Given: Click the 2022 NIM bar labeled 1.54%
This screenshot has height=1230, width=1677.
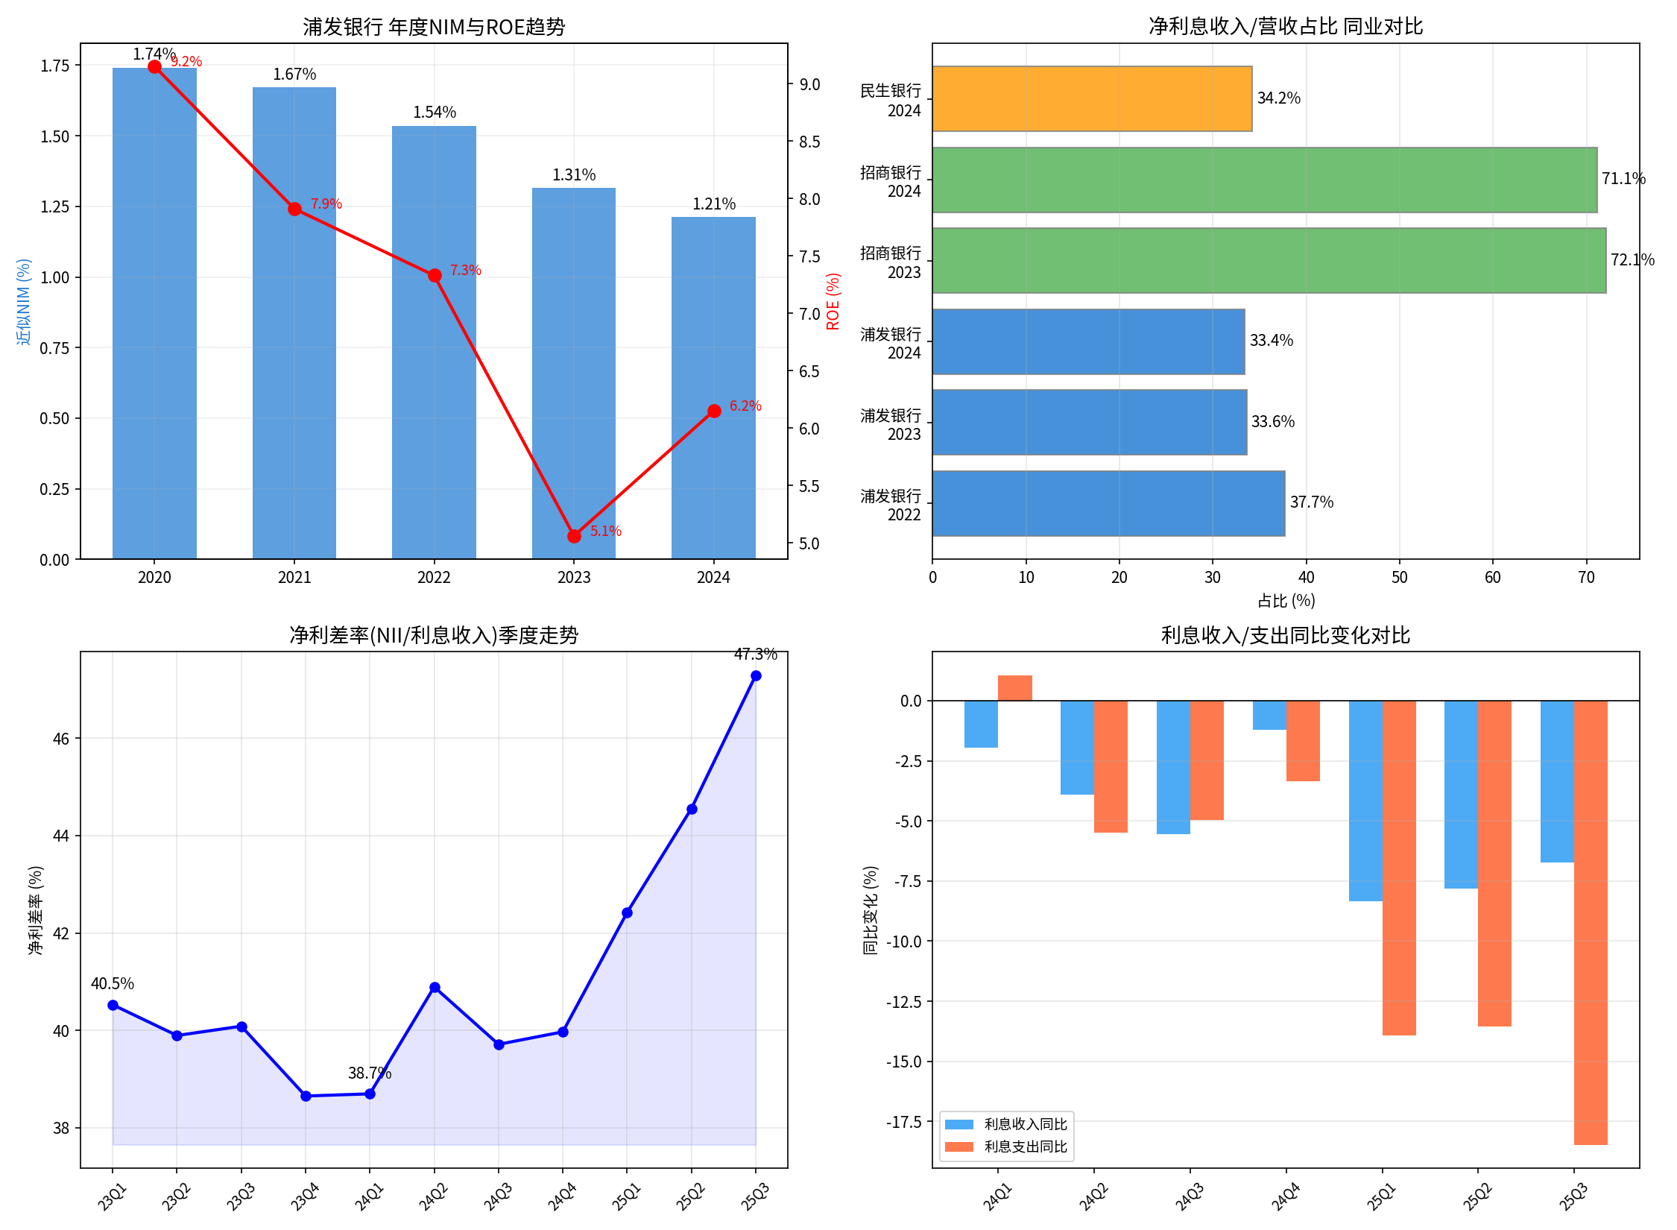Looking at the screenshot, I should click(x=434, y=343).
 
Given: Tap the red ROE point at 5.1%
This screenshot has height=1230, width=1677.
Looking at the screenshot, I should click(x=574, y=536).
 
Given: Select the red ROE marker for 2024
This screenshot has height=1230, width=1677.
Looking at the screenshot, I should click(x=714, y=411).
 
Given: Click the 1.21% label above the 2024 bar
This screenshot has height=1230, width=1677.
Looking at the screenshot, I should click(x=713, y=204).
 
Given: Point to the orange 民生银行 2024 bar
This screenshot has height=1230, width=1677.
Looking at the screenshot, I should click(x=1092, y=99).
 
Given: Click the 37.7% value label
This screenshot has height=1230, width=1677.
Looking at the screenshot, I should click(x=1311, y=502).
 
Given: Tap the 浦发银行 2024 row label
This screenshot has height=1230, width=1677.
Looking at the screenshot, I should click(x=891, y=344).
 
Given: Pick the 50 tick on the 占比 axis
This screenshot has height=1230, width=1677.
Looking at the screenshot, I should click(x=1399, y=578).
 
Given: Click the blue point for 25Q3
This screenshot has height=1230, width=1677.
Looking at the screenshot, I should click(x=756, y=675).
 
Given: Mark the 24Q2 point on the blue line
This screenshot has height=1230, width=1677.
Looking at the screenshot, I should click(x=435, y=987).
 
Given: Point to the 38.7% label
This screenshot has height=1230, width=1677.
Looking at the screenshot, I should click(x=369, y=1073).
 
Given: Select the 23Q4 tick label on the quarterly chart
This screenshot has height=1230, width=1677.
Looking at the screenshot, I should click(x=305, y=1196).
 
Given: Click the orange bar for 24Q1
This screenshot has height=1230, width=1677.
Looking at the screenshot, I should click(x=1014, y=688).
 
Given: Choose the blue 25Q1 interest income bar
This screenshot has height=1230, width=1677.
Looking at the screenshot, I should click(x=1365, y=801).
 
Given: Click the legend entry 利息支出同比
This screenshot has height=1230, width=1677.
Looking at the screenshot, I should click(x=1025, y=1147).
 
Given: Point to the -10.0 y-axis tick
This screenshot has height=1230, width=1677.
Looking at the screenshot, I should click(x=903, y=942).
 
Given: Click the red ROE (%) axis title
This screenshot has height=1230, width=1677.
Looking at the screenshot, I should click(x=833, y=301).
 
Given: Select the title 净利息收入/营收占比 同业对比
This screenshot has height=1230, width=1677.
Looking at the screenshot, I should click(x=1286, y=27).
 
